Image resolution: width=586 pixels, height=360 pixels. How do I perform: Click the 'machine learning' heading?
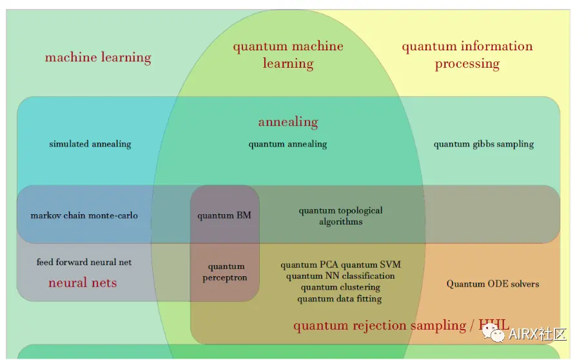coord(98,57)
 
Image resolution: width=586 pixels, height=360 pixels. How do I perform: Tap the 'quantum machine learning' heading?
coord(288,54)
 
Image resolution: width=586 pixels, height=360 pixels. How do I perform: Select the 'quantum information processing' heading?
coord(467,54)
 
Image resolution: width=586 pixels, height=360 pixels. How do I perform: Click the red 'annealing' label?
coord(288,122)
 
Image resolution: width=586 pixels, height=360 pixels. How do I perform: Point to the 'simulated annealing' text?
coord(90,144)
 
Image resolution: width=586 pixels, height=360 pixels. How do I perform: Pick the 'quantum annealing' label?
coord(288,144)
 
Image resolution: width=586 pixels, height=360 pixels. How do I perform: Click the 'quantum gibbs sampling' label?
coord(483,144)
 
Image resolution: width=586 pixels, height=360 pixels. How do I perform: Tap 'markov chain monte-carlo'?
coord(84,215)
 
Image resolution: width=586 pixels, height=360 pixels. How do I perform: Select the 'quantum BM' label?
coord(224,215)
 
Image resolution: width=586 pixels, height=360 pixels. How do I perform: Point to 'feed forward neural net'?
coord(84,262)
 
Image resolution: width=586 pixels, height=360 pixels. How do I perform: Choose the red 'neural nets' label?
coord(83,283)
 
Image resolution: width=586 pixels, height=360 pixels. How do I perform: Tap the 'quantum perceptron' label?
coord(225,272)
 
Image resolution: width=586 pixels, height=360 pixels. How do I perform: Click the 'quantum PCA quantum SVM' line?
coord(340,265)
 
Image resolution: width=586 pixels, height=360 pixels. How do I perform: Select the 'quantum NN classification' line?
coord(340,276)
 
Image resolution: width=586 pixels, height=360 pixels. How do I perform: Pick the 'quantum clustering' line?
coord(340,287)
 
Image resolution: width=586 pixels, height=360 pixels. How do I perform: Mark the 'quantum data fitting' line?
coord(340,299)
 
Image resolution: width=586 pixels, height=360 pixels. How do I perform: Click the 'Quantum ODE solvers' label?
coord(493,284)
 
